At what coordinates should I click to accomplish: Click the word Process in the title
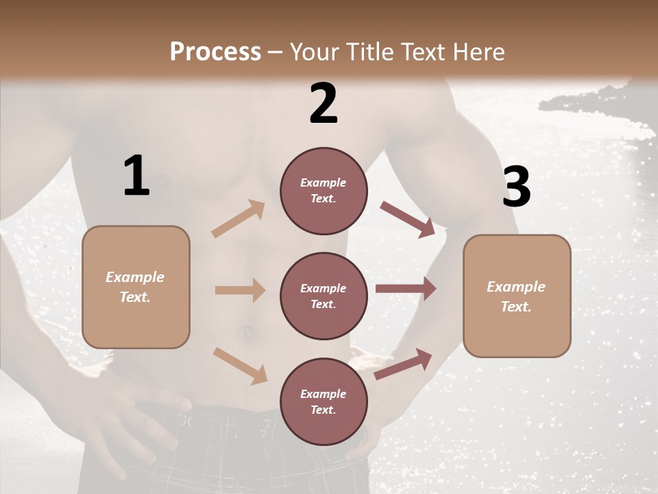pos(215,52)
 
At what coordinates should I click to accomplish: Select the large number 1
pos(136,176)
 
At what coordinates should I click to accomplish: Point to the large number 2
pos(324,103)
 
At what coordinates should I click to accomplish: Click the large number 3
pos(516,187)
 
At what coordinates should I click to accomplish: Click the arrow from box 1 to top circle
pos(238,219)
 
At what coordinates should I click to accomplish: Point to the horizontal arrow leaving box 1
pos(240,290)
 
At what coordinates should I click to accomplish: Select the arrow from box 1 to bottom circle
pos(240,366)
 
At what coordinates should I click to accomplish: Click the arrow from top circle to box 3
pos(407,219)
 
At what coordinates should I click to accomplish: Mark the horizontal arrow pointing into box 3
pos(405,289)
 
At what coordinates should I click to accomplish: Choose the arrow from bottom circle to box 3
pos(404,364)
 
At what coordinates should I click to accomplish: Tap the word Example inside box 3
pos(516,287)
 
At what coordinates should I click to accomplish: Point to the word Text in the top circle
pos(323,199)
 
